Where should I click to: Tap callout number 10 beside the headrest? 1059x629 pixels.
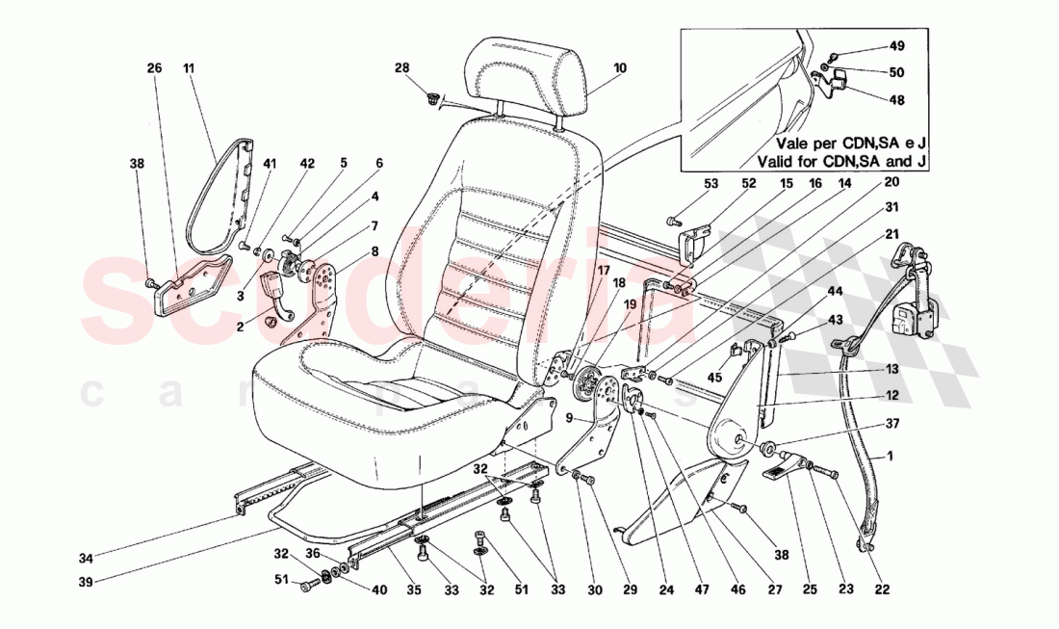tap(619, 68)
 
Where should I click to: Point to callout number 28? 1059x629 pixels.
tap(401, 67)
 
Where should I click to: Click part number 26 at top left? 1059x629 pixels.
tap(153, 68)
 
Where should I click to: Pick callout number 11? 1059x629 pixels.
tap(189, 68)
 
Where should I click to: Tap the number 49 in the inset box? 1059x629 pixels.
tap(897, 46)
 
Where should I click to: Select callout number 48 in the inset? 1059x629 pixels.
tap(897, 99)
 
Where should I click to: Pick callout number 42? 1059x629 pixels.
tap(307, 164)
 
